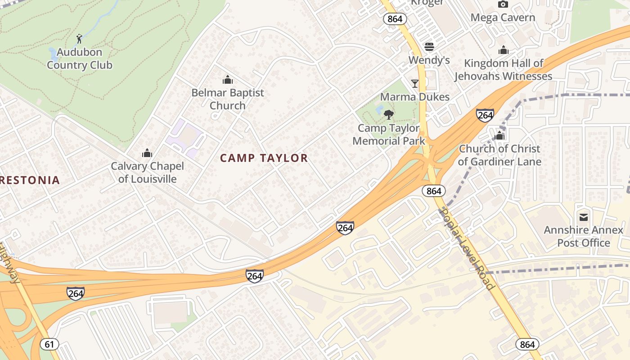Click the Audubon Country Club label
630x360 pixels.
pyautogui.click(x=79, y=58)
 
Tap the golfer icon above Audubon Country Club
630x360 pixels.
pyautogui.click(x=80, y=38)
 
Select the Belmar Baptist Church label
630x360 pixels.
pyautogui.click(x=228, y=99)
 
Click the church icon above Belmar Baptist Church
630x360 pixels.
pyautogui.click(x=228, y=80)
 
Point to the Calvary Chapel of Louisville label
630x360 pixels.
pyautogui.click(x=148, y=172)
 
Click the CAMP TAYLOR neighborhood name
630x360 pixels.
pyautogui.click(x=264, y=158)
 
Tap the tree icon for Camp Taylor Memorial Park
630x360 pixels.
pyautogui.click(x=389, y=115)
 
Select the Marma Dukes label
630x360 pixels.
pyautogui.click(x=414, y=97)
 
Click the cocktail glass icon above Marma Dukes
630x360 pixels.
pyautogui.click(x=414, y=84)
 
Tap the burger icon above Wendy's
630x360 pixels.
pyautogui.click(x=429, y=47)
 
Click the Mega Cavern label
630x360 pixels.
pyautogui.click(x=503, y=18)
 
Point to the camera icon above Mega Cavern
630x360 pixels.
pyautogui.click(x=503, y=4)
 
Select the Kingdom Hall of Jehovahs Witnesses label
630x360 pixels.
pyautogui.click(x=503, y=70)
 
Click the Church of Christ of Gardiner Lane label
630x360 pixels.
pyautogui.click(x=499, y=155)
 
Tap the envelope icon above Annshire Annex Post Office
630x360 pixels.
pyautogui.click(x=584, y=217)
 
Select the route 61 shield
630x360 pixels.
pyautogui.click(x=49, y=344)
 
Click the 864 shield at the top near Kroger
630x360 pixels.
pyautogui.click(x=395, y=19)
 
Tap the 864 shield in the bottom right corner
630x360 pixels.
pyautogui.click(x=527, y=344)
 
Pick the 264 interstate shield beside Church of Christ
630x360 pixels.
pyautogui.click(x=485, y=115)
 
